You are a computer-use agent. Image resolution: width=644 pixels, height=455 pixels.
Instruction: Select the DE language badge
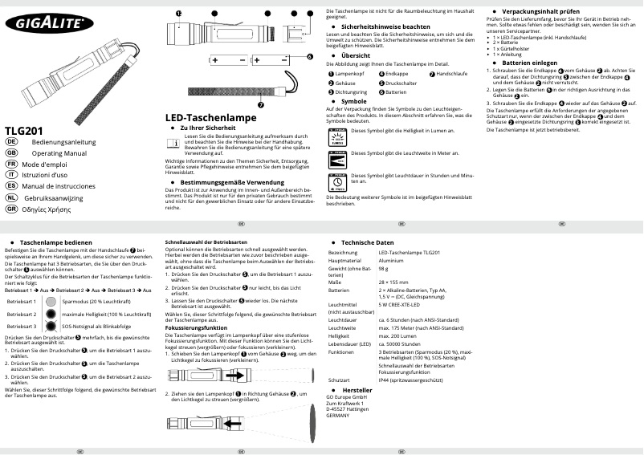click(x=11, y=140)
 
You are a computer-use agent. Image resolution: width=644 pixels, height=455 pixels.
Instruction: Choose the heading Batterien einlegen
click(x=529, y=62)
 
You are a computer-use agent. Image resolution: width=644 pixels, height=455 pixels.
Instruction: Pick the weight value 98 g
click(x=385, y=270)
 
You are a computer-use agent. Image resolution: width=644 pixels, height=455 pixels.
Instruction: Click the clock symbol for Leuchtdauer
click(x=339, y=201)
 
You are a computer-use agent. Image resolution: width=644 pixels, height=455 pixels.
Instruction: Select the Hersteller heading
click(x=357, y=389)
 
